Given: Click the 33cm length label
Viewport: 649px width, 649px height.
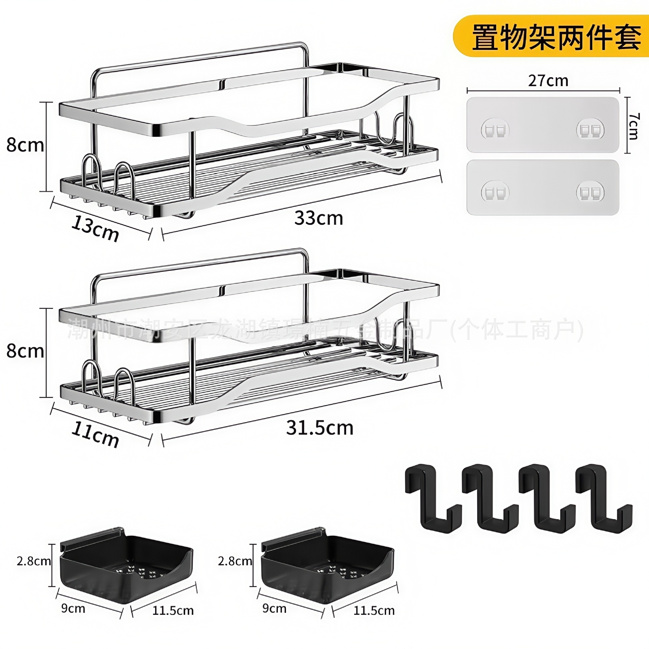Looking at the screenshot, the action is tap(318, 218).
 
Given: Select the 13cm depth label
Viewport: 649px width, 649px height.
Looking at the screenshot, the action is tap(95, 229).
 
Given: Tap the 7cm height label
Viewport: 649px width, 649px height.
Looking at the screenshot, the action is tap(633, 126).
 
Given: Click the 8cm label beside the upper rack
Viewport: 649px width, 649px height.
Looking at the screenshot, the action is tap(25, 145).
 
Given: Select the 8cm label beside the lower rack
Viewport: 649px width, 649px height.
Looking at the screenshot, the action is tap(25, 352).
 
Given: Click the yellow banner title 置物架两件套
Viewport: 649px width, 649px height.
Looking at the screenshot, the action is tap(556, 37).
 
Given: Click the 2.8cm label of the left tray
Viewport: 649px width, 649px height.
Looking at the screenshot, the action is tap(33, 561).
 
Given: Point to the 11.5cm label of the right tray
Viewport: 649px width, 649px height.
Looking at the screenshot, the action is tap(374, 610).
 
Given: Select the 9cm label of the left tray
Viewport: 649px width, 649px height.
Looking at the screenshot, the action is tap(73, 608).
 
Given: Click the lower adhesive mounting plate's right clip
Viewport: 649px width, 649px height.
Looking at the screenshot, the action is tap(590, 192).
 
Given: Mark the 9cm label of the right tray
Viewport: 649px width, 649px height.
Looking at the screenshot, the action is tap(274, 608).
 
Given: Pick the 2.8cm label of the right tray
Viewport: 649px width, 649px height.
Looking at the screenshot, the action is tap(235, 561).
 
